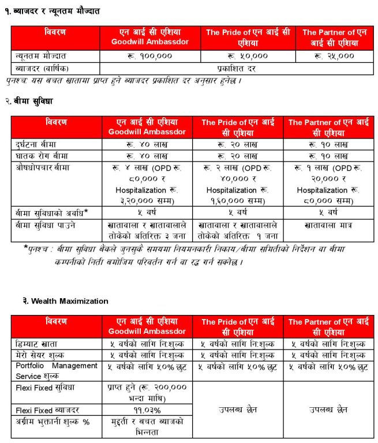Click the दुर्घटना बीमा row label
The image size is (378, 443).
[37, 144]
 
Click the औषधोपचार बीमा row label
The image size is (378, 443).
[40, 167]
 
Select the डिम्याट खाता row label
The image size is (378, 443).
[37, 344]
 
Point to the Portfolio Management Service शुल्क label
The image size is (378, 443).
[57, 370]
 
